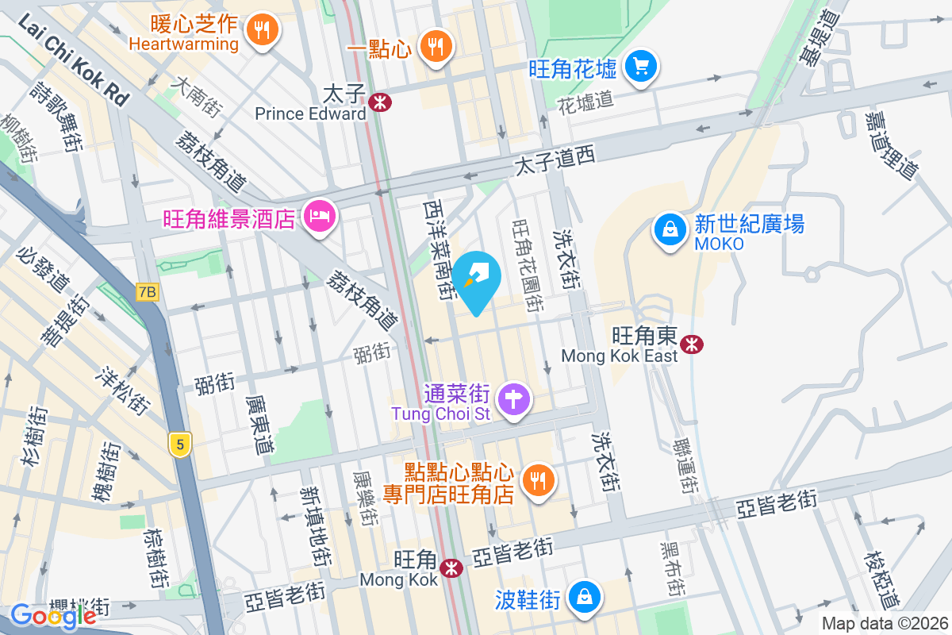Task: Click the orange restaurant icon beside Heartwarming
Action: pyautogui.click(x=261, y=31)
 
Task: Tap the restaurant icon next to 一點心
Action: pyautogui.click(x=434, y=46)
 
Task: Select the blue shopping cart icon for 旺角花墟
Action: pyautogui.click(x=641, y=66)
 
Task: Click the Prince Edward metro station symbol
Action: pyautogui.click(x=381, y=101)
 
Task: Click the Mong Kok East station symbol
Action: pyautogui.click(x=693, y=344)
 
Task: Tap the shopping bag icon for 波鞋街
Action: pyautogui.click(x=584, y=595)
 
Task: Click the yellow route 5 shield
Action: pyautogui.click(x=181, y=445)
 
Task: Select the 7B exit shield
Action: pyautogui.click(x=147, y=292)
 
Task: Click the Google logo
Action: pyautogui.click(x=53, y=614)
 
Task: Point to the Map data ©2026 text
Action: pyautogui.click(x=884, y=624)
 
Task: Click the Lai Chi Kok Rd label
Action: pyautogui.click(x=71, y=60)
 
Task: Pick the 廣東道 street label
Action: pyautogui.click(x=259, y=425)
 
